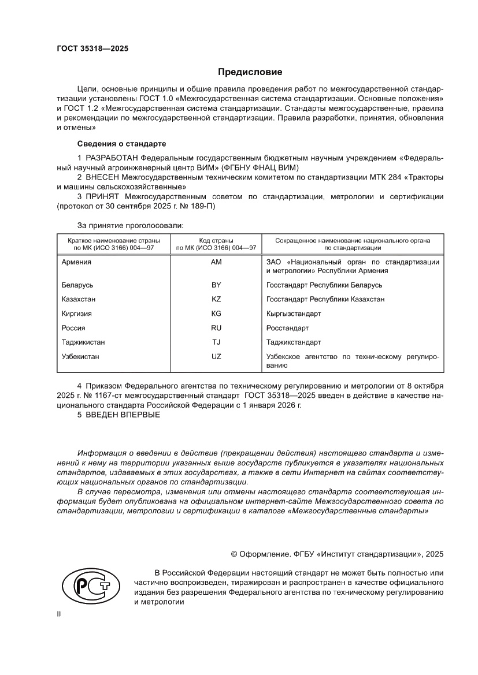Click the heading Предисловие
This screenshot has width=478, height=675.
(x=250, y=72)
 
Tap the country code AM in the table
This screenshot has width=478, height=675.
(x=217, y=262)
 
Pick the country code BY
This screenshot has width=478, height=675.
(x=217, y=285)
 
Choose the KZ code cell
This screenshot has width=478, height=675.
(x=217, y=299)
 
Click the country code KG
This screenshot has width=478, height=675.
(x=217, y=314)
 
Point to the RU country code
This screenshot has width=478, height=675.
(x=217, y=328)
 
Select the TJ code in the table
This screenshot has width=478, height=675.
(x=217, y=342)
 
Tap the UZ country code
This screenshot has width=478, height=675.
(x=217, y=357)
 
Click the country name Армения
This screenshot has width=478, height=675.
(x=76, y=262)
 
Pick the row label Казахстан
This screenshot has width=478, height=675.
(x=79, y=299)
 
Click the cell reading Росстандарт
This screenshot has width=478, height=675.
(x=287, y=328)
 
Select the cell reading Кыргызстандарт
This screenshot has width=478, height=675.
(x=293, y=314)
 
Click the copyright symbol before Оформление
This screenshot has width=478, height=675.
(x=235, y=554)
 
